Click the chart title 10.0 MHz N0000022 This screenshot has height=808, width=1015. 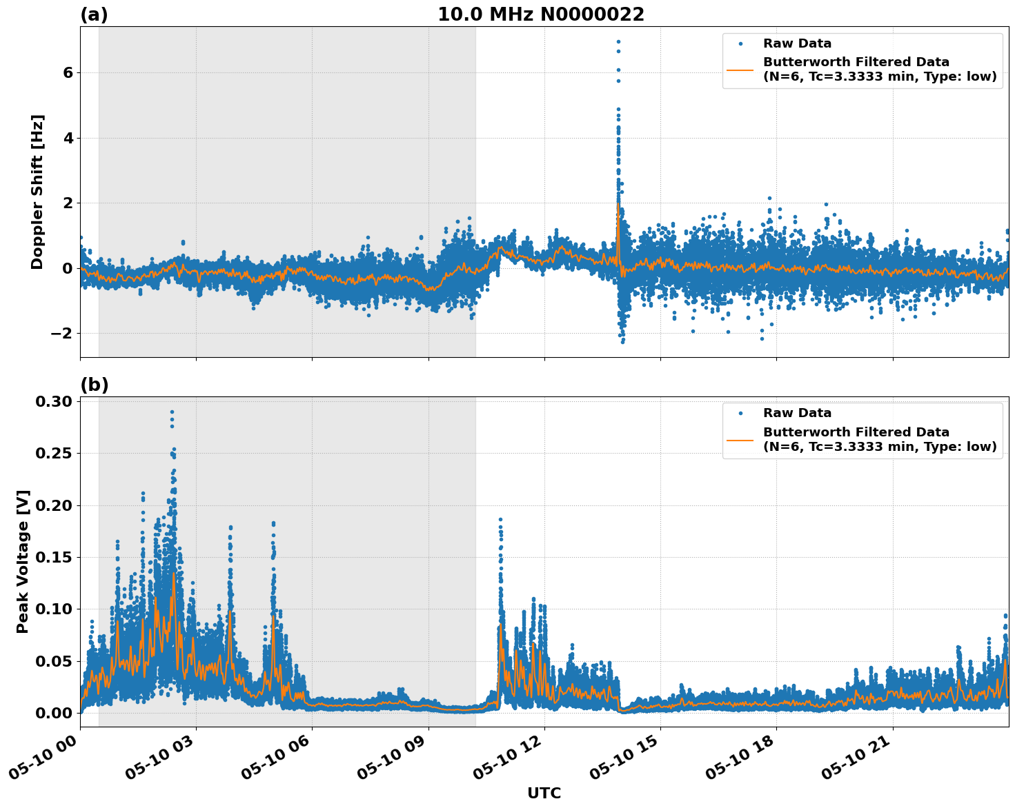point(540,14)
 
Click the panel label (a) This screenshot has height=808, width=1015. point(94,14)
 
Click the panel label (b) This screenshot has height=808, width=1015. point(94,385)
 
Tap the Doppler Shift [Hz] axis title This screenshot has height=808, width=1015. point(37,192)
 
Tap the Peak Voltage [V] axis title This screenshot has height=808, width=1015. point(23,561)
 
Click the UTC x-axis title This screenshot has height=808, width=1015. point(544,793)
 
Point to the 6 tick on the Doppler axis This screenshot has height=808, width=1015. point(68,73)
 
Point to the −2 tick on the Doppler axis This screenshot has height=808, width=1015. point(62,334)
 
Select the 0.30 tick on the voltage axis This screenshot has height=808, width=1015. point(55,402)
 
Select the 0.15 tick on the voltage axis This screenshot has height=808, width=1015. point(55,557)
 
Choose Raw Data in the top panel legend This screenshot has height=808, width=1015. point(797,43)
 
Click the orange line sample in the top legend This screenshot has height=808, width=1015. point(740,69)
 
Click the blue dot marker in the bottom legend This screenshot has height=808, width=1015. point(740,413)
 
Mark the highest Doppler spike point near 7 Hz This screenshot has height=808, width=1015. point(618,42)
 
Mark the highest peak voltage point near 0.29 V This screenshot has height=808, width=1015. point(172,412)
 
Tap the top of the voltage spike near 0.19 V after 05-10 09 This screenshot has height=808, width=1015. point(500,519)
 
